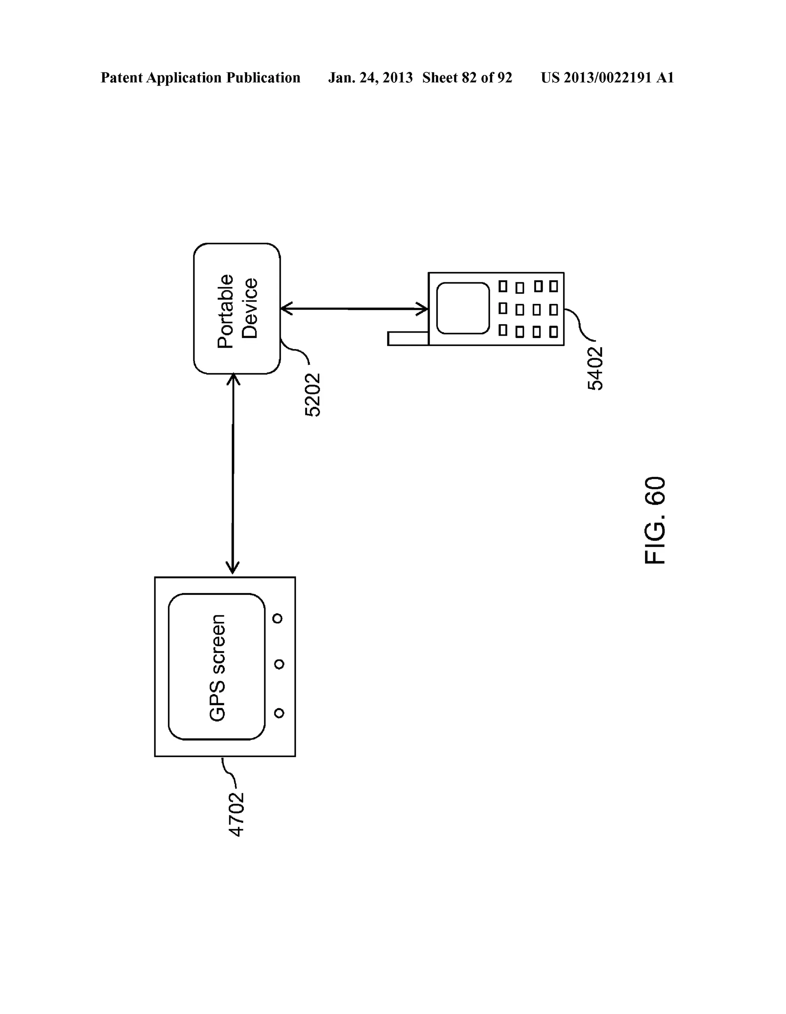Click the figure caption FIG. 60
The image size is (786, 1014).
[x=655, y=520]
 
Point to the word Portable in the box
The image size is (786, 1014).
[x=226, y=311]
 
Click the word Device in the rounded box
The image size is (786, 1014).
[x=250, y=309]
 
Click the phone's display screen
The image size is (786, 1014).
[x=463, y=308]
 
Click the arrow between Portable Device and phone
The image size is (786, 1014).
[x=354, y=308]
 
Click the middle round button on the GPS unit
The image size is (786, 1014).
[x=279, y=664]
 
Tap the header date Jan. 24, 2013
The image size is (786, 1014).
[x=370, y=78]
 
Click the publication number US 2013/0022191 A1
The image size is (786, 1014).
[x=607, y=78]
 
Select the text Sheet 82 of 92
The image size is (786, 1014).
[x=467, y=78]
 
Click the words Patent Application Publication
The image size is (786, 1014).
[x=200, y=78]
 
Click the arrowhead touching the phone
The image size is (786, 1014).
[x=422, y=309]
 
